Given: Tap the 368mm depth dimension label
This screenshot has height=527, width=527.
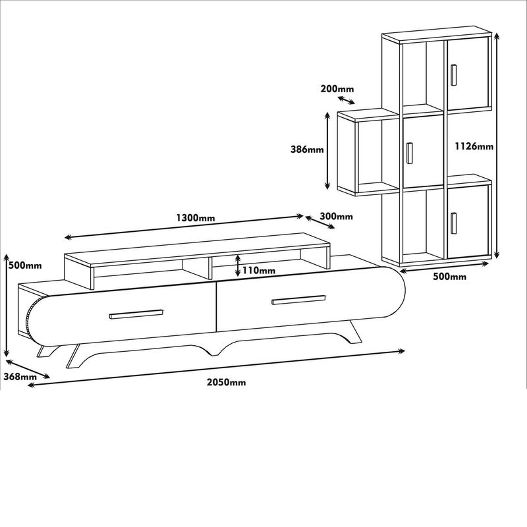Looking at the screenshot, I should click(20, 377).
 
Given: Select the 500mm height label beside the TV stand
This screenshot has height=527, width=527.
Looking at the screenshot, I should click(24, 265).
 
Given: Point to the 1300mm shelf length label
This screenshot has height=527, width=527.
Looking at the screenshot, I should click(196, 217).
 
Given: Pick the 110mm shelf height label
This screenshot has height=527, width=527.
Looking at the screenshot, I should click(258, 270).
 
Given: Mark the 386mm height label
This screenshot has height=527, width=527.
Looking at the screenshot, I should click(307, 150).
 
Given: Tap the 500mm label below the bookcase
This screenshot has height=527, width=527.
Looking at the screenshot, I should click(450, 277).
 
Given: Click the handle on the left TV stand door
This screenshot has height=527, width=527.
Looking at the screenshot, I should click(136, 314).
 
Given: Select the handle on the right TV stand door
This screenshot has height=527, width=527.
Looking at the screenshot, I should click(298, 300).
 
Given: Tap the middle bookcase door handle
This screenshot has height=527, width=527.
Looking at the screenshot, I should click(409, 152).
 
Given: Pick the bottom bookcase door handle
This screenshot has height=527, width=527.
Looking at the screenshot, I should click(453, 223).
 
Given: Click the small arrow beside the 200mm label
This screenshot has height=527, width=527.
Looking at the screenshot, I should click(345, 100).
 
